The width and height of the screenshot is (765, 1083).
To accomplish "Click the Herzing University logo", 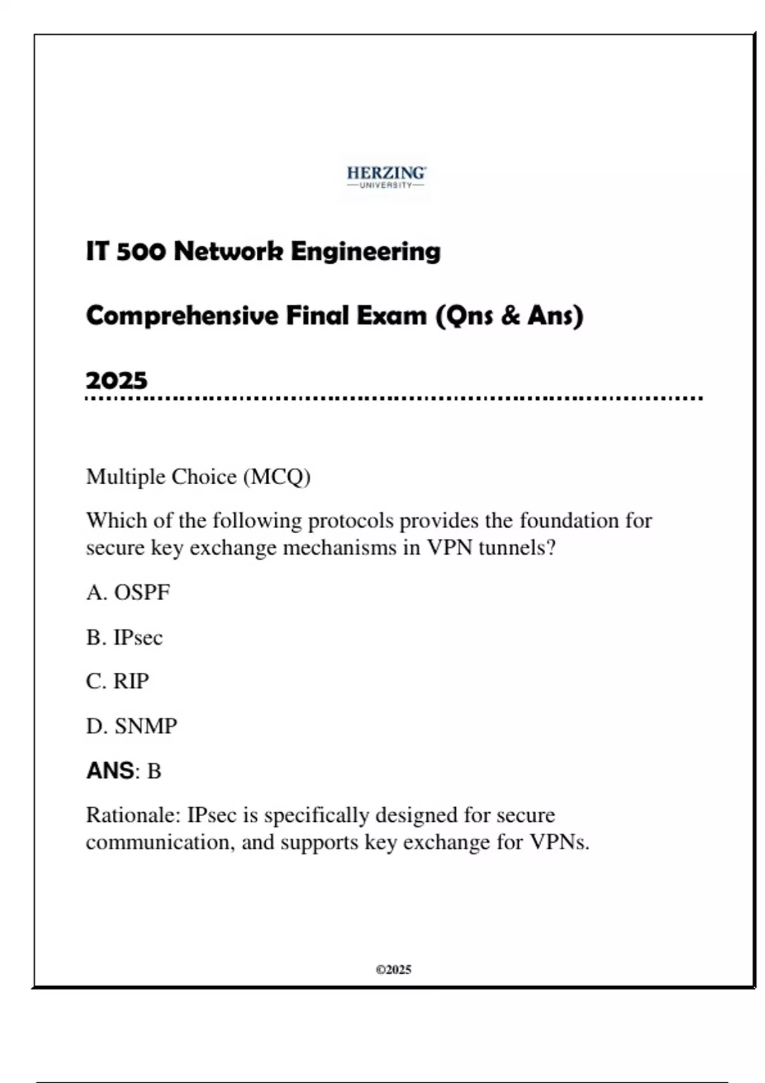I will click(x=386, y=177).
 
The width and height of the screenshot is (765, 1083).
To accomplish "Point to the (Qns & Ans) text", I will click(x=509, y=316).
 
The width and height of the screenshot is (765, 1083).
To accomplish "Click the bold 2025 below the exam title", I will click(x=117, y=381).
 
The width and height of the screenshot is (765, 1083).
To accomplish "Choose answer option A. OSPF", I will click(x=128, y=592).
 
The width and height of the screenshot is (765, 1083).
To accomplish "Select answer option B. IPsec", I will click(x=124, y=637).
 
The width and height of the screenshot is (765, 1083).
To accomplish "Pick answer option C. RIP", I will click(x=117, y=681).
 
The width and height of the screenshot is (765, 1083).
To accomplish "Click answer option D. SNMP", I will click(x=131, y=726).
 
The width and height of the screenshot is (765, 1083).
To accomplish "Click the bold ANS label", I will click(x=110, y=771).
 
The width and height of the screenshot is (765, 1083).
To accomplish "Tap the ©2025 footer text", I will click(x=393, y=970).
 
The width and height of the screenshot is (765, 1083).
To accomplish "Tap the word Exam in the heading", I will click(x=391, y=315).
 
